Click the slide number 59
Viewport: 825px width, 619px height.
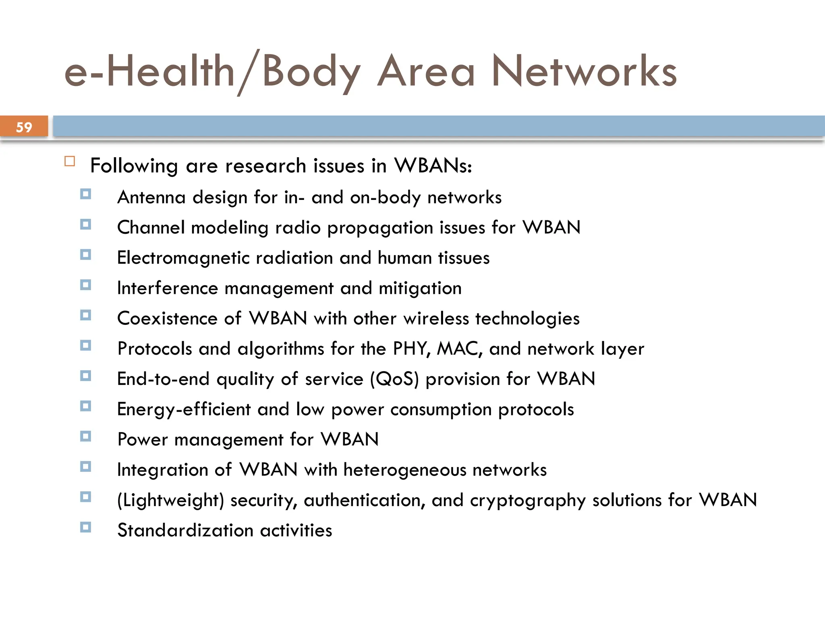[24, 127]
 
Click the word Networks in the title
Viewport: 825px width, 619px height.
[584, 72]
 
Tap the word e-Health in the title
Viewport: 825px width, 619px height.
[149, 72]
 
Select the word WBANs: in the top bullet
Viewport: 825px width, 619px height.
[433, 166]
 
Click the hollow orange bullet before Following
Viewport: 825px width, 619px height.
[70, 162]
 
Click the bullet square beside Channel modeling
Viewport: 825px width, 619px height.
[85, 224]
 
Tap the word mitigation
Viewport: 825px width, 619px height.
[420, 289]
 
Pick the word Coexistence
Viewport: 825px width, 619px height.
[167, 318]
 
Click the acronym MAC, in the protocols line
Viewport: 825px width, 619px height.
[460, 349]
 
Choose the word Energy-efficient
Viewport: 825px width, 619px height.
[184, 409]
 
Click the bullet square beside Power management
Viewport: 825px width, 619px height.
[85, 436]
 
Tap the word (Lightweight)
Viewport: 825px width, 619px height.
[170, 501]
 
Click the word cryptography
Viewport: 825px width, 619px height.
[528, 501]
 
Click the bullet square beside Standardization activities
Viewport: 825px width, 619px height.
[85, 527]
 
